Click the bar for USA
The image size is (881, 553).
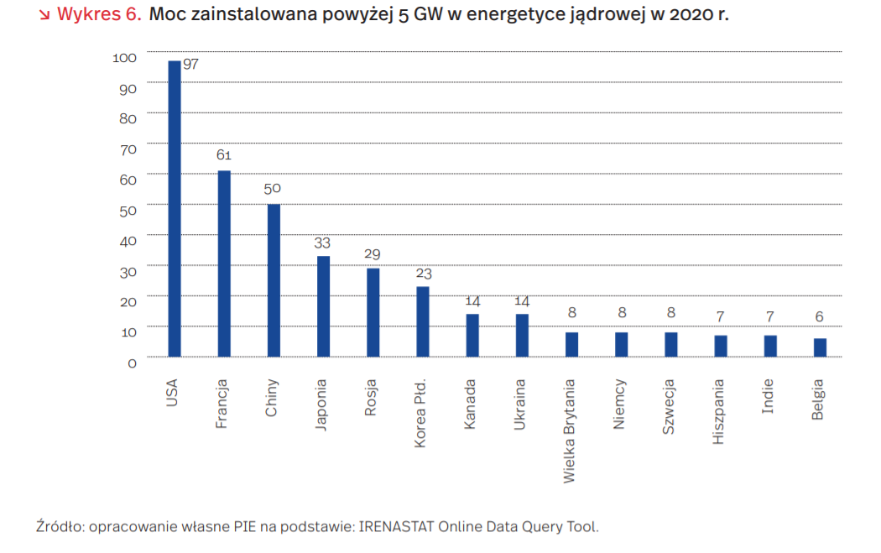[174, 210]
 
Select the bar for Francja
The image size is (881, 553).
[224, 264]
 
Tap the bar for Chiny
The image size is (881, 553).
[274, 281]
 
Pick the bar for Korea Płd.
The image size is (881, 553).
[423, 322]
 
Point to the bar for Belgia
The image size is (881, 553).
[820, 347]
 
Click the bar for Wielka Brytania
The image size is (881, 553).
[571, 344]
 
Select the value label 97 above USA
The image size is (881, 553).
[190, 64]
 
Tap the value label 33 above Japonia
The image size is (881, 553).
[322, 243]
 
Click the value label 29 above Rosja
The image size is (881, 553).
[373, 254]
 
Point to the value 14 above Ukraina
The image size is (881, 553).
[522, 300]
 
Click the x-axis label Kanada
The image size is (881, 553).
[471, 404]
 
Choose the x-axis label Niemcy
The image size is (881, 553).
[620, 404]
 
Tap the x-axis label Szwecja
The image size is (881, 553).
[670, 406]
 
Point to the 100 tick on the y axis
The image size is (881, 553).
[123, 58]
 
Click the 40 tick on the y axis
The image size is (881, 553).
[127, 241]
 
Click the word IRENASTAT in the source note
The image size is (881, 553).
[394, 527]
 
